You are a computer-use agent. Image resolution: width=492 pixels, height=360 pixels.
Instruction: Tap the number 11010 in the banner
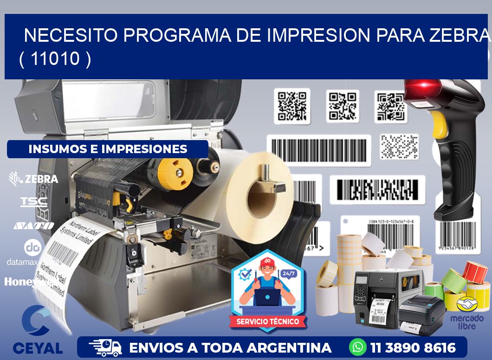click(x=55, y=59)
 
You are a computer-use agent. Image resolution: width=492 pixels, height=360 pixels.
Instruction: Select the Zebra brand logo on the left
click(x=34, y=179)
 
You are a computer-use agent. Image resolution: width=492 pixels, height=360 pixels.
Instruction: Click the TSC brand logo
click(x=34, y=202)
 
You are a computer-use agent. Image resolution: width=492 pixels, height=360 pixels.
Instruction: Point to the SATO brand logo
click(x=34, y=226)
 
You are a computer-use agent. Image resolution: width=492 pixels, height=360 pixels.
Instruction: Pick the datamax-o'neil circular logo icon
click(x=32, y=247)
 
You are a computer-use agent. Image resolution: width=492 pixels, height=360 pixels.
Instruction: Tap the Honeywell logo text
click(x=31, y=282)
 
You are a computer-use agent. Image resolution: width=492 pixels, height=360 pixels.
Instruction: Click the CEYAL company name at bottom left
click(x=38, y=348)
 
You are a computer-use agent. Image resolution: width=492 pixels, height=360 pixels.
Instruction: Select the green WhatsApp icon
click(x=357, y=347)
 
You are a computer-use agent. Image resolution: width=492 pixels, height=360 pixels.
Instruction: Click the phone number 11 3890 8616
click(x=413, y=347)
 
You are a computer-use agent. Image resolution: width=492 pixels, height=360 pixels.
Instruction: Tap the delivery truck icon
click(x=106, y=347)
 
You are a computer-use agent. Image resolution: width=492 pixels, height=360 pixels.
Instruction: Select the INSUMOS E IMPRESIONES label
click(x=108, y=149)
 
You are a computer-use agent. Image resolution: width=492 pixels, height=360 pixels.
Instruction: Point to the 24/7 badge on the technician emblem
click(x=288, y=274)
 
